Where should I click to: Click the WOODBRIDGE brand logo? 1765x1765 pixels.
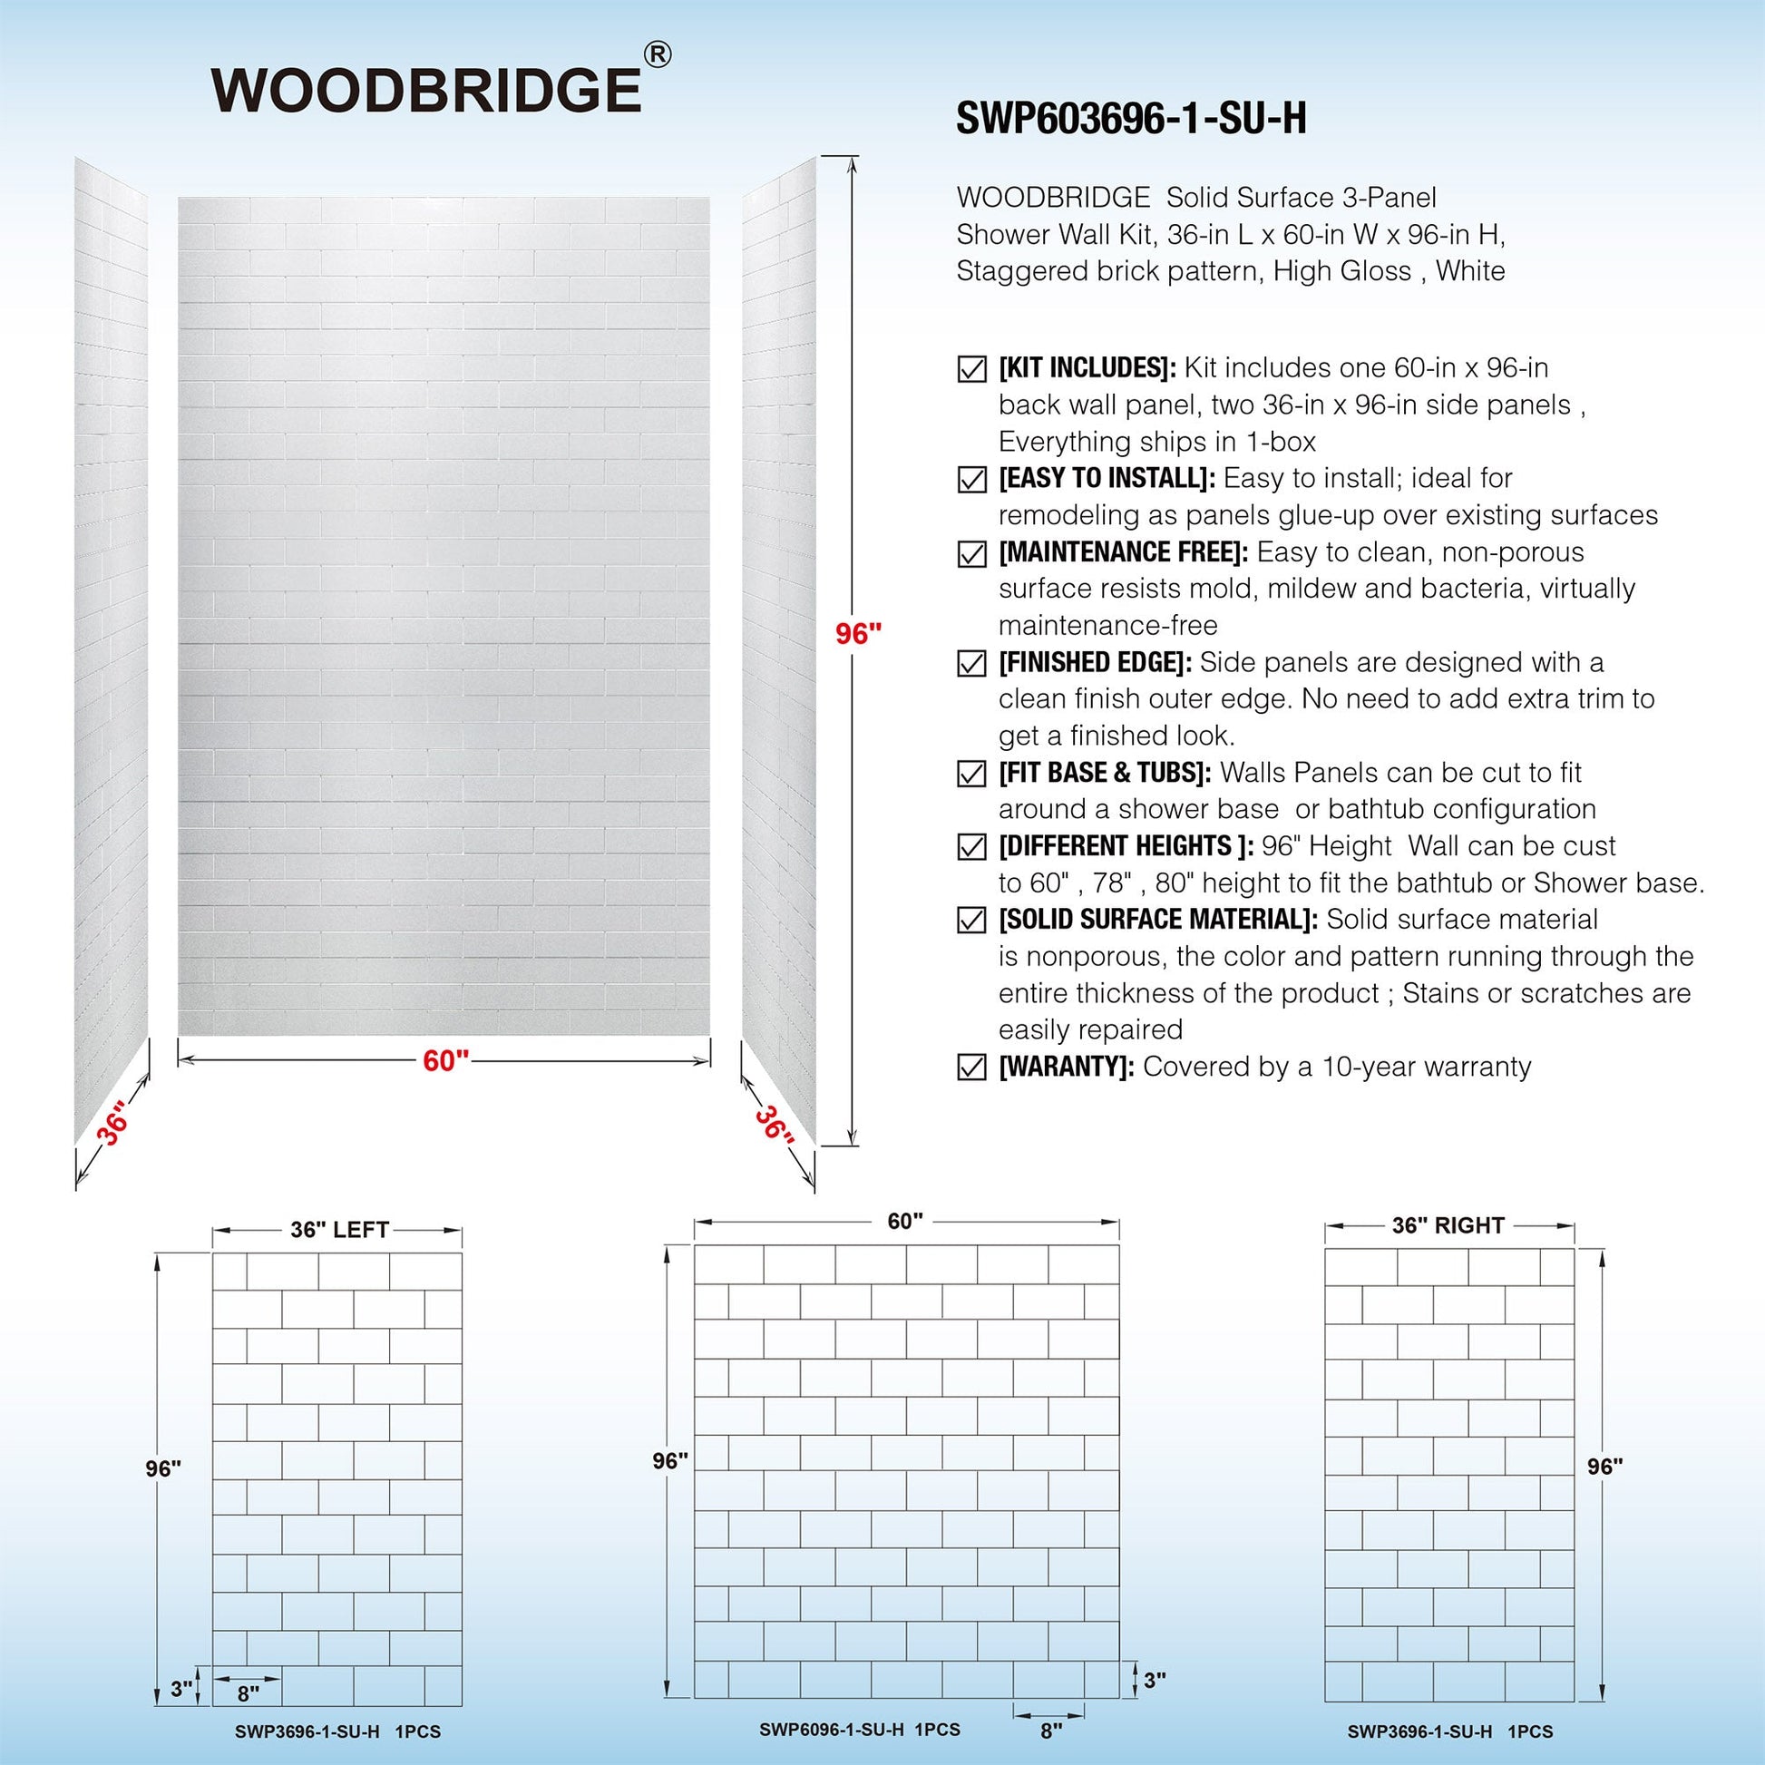(x=425, y=91)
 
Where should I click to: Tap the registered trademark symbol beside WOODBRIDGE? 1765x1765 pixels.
(x=658, y=55)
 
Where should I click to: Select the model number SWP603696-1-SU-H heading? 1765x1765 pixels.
(x=1131, y=118)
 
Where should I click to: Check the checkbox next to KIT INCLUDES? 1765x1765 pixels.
(x=971, y=369)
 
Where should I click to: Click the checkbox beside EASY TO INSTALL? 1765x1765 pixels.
(x=971, y=480)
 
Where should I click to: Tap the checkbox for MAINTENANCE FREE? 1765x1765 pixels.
(x=971, y=553)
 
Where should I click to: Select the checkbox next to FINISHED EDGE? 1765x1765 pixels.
(x=971, y=663)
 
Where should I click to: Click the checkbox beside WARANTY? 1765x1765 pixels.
(x=971, y=1067)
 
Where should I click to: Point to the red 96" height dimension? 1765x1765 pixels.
(x=857, y=633)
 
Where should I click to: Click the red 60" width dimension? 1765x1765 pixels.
(x=446, y=1060)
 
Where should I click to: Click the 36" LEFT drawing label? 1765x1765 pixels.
(x=340, y=1230)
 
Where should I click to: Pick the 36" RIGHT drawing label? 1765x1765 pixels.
(x=1448, y=1225)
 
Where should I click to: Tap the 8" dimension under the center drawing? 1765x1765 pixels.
(x=1051, y=1731)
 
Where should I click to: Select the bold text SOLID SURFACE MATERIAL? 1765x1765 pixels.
(x=1158, y=919)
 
